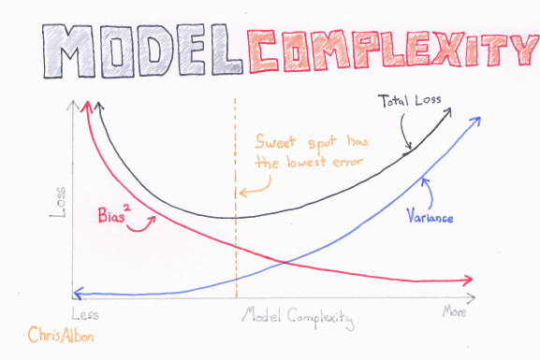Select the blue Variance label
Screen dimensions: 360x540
pyautogui.click(x=431, y=219)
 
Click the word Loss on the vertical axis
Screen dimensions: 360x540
pyautogui.click(x=60, y=203)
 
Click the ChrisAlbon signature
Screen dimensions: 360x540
pyautogui.click(x=59, y=334)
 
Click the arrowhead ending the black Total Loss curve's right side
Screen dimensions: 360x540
pyautogui.click(x=450, y=110)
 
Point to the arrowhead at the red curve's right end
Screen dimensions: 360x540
pyautogui.click(x=468, y=279)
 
